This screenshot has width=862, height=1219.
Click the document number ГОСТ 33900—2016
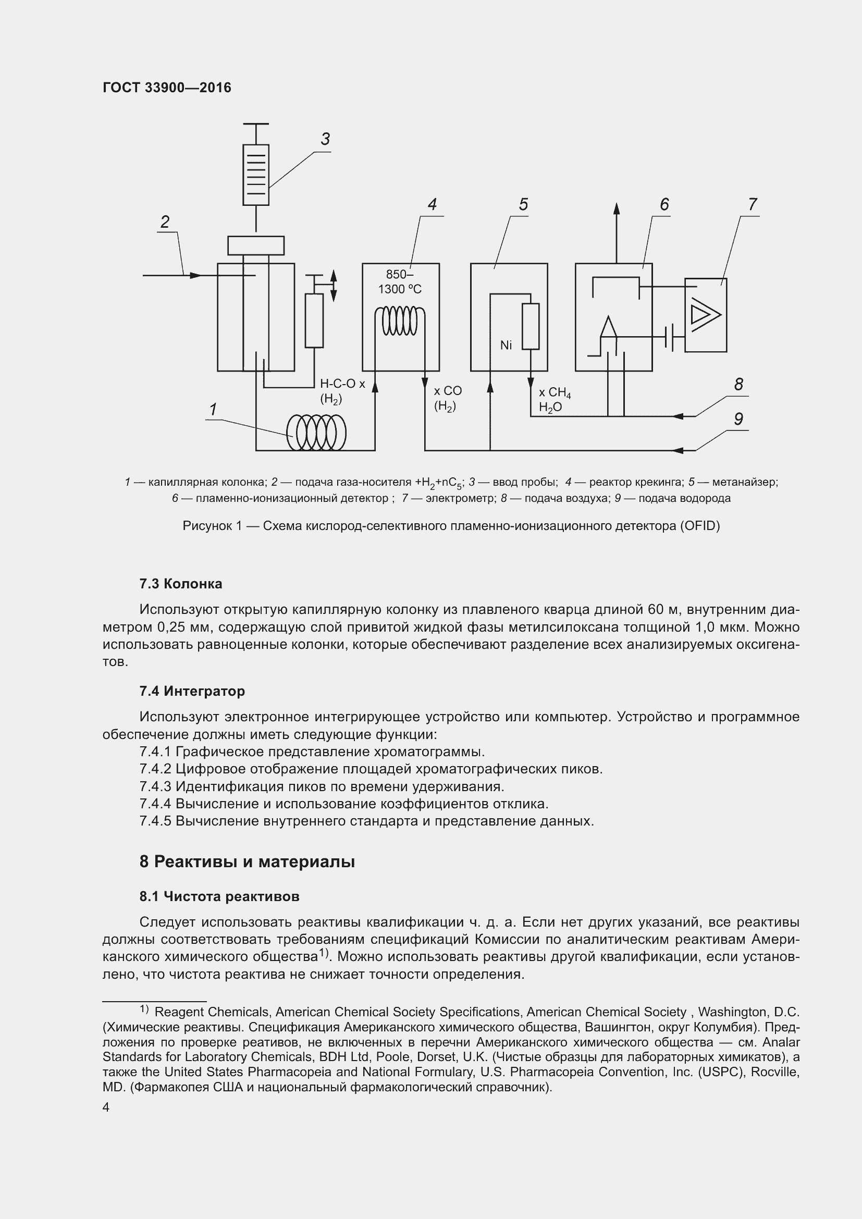167,88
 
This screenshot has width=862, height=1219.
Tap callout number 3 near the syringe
325,139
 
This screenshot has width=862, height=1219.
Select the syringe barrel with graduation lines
256,175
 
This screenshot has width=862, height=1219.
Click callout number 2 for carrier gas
165,222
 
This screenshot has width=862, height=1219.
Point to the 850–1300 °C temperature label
400,281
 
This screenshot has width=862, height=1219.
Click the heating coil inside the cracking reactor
400,321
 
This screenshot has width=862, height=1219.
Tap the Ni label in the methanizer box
506,346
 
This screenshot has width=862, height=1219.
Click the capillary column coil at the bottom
316,433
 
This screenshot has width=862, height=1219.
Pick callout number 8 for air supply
738,384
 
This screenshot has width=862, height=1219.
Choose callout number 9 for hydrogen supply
738,419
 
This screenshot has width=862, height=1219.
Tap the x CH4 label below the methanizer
555,393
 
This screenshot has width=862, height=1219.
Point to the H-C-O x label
342,384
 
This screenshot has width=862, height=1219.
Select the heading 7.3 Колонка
180,584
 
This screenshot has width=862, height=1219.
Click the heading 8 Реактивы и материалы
247,861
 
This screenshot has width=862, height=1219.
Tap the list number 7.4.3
155,786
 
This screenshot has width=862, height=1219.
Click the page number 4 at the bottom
106,1107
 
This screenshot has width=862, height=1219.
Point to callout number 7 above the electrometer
752,204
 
